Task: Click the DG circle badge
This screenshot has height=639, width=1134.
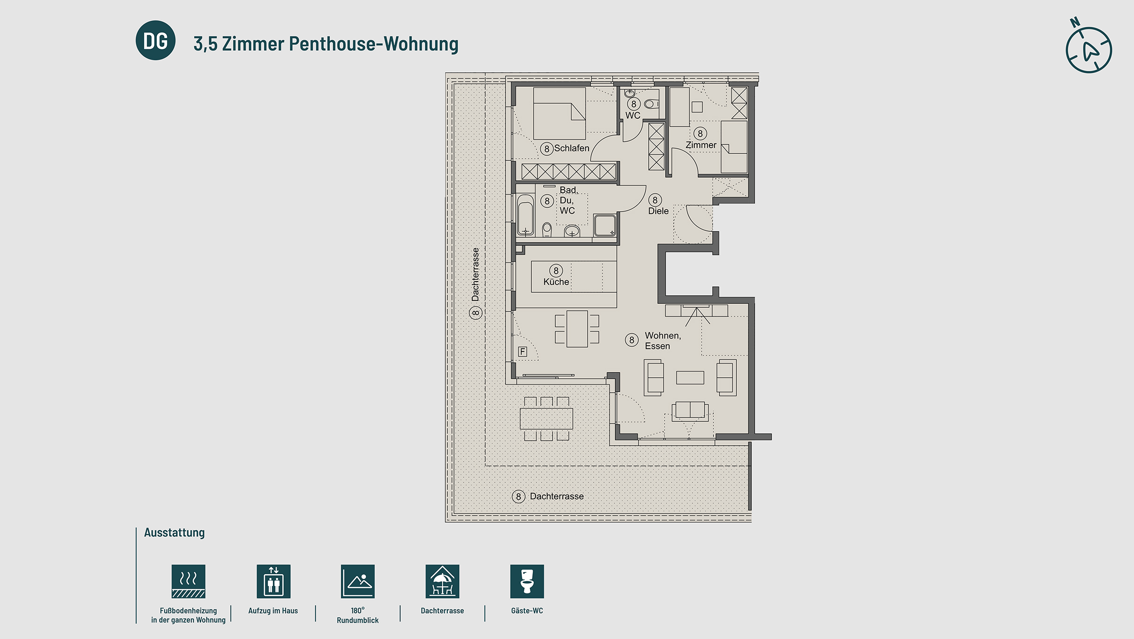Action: (x=155, y=40)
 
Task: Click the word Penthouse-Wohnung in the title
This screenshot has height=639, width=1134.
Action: (x=373, y=44)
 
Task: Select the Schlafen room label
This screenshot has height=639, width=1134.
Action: (x=571, y=148)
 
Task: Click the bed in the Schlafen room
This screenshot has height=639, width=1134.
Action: (x=559, y=113)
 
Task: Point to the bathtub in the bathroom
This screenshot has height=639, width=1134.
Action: (x=525, y=215)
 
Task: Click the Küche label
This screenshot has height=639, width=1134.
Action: (x=556, y=282)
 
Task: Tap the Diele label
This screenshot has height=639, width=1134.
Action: (x=658, y=211)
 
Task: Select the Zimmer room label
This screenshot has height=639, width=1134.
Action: (x=701, y=145)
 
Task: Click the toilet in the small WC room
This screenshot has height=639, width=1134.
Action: (x=651, y=104)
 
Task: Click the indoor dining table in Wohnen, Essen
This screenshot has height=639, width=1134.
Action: (x=577, y=329)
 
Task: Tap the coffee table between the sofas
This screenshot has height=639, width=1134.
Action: (x=690, y=378)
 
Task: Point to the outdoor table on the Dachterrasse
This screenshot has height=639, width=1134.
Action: (x=546, y=418)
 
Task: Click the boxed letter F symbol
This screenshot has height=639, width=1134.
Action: (x=522, y=351)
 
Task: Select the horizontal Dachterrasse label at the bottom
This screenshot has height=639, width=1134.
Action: (x=556, y=496)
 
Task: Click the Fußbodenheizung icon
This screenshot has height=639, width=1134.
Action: (x=188, y=581)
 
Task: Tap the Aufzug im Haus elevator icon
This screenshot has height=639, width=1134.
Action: (x=273, y=581)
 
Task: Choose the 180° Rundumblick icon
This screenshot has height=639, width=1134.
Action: (x=358, y=581)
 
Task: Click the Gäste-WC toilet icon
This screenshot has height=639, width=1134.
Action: (x=527, y=581)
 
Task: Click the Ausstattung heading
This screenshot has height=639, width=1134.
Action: (x=174, y=532)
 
